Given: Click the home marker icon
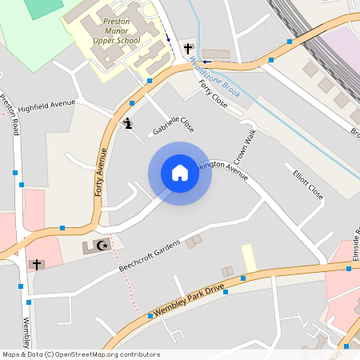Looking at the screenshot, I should [x=179, y=173].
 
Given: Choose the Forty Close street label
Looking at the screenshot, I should [x=213, y=94].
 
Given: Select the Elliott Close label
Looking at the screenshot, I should [x=308, y=185].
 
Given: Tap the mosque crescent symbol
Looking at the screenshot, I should [x=101, y=246].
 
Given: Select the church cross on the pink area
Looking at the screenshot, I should [x=36, y=263].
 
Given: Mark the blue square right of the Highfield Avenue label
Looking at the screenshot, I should [x=130, y=103].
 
